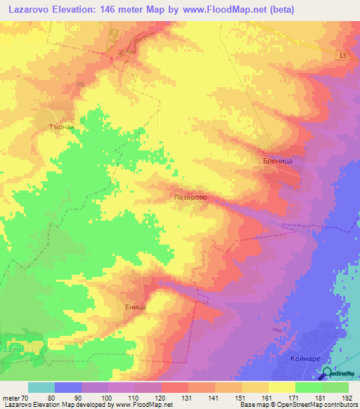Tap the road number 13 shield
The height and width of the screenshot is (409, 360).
(342, 56)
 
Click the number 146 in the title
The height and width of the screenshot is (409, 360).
(126, 9)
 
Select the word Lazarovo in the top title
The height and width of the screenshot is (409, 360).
(34, 9)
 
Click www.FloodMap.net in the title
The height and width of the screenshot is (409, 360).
(222, 9)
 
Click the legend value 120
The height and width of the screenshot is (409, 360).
(161, 397)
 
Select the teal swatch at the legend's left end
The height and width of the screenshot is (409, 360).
(41, 387)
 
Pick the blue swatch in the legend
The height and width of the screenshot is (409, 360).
(68, 387)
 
